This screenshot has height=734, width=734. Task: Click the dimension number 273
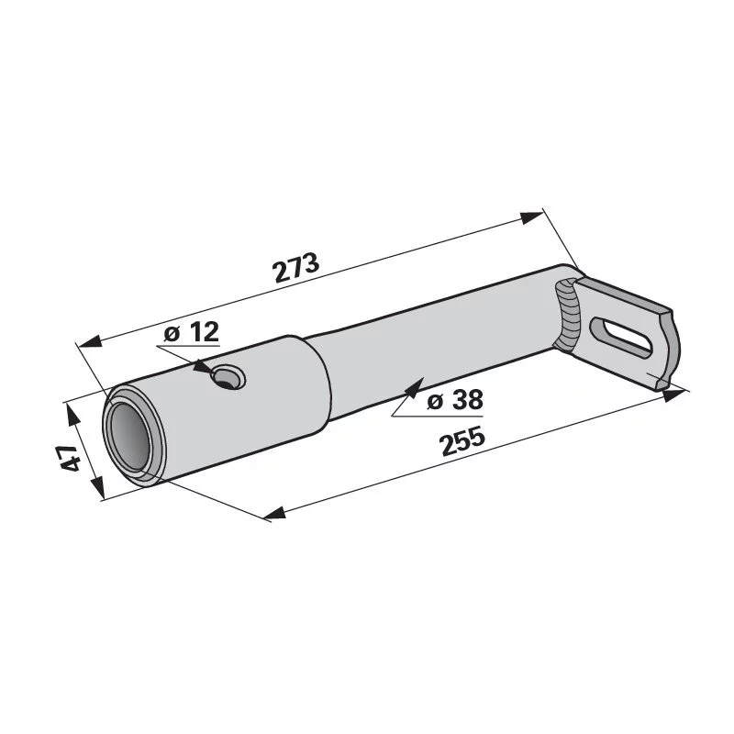pos(295,267)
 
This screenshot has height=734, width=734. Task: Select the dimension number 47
pos(71,458)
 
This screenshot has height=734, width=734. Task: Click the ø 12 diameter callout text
pos(192,332)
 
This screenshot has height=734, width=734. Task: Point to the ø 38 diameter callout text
pos(455,400)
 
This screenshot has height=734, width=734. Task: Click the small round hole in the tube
pos(228,377)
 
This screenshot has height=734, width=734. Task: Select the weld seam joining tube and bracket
pos(566,315)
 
